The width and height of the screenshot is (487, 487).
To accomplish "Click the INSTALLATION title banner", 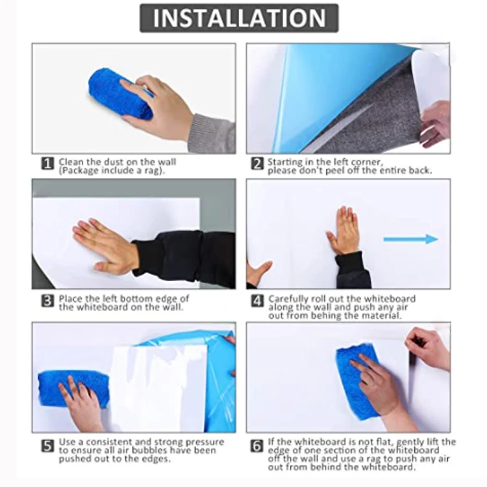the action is click(x=239, y=18).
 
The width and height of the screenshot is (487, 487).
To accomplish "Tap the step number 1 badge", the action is click(x=47, y=164).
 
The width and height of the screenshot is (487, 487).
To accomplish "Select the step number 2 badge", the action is click(x=257, y=164).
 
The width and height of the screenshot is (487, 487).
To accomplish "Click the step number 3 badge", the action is click(x=47, y=301).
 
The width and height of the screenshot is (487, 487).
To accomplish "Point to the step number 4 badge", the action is click(x=257, y=301).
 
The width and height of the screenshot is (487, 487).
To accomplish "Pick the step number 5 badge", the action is click(x=47, y=446).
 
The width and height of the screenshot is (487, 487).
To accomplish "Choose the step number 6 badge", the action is click(x=257, y=446).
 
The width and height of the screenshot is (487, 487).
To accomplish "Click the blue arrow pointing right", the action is click(x=411, y=239).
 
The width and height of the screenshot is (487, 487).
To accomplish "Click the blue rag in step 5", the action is click(x=73, y=389).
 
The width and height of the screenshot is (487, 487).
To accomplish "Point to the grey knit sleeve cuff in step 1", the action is click(x=214, y=134).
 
